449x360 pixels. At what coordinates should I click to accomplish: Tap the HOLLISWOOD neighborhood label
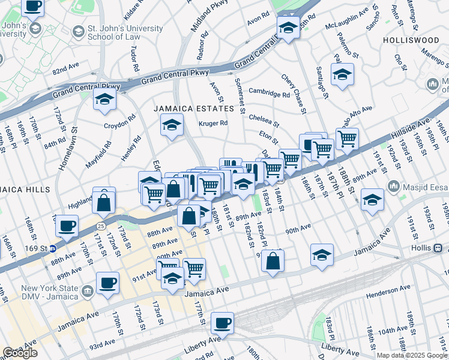(x=413, y=40)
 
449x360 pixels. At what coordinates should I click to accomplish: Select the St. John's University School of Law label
(x=117, y=32)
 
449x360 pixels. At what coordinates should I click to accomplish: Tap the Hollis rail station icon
(x=439, y=248)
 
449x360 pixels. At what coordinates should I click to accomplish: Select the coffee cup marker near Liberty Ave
(x=222, y=322)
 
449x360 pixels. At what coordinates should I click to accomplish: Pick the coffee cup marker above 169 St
(x=67, y=226)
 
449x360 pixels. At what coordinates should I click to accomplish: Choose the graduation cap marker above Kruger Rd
(x=172, y=125)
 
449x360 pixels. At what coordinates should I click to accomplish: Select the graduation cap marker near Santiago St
(x=342, y=74)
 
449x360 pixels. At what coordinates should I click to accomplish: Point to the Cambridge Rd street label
(x=270, y=94)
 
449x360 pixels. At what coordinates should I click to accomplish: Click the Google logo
(x=20, y=353)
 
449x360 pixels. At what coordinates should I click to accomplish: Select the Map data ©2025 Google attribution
(x=412, y=355)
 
